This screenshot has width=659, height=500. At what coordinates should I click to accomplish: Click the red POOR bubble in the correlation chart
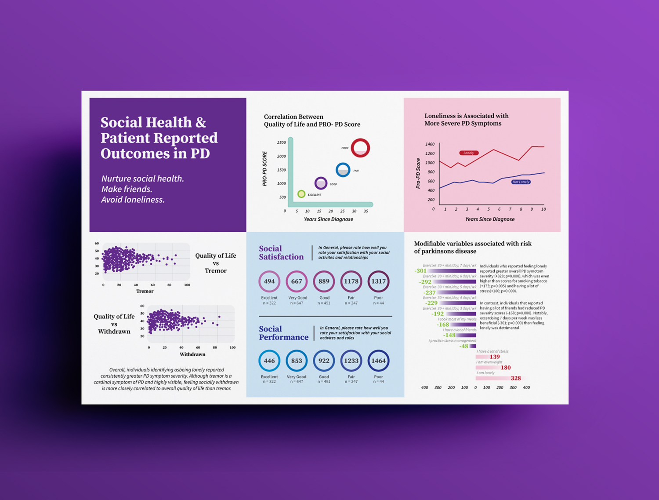tap(360, 148)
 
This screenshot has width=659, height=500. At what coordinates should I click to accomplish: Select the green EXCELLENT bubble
tap(301, 194)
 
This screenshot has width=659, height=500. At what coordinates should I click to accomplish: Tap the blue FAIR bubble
tap(343, 170)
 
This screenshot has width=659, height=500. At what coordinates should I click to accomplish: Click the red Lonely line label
tap(469, 153)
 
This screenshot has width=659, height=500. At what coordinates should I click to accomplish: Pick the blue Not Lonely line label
tap(521, 182)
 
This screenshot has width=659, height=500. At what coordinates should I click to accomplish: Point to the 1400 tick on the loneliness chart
tap(430, 144)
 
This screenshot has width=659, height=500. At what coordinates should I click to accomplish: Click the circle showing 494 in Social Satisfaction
tap(269, 281)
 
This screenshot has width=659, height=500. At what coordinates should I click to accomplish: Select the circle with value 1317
tap(378, 281)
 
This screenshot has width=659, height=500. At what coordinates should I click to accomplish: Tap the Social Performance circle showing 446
tap(269, 361)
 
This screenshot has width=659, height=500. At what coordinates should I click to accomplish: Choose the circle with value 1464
tap(378, 361)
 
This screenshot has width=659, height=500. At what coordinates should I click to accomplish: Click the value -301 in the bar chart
tap(420, 271)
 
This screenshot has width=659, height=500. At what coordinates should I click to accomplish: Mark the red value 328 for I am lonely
tap(516, 378)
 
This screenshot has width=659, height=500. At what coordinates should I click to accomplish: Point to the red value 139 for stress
tap(495, 357)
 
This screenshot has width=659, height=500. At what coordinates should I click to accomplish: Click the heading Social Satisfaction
tap(281, 253)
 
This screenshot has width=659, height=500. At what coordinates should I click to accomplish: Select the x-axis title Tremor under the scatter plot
tap(145, 291)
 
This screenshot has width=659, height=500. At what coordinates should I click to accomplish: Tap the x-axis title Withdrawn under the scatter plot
tap(192, 354)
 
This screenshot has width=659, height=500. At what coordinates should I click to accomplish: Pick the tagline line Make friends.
tap(127, 189)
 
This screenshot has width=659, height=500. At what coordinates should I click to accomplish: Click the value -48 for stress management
tap(463, 346)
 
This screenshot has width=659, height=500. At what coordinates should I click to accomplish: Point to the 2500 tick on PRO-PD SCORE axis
tap(282, 142)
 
